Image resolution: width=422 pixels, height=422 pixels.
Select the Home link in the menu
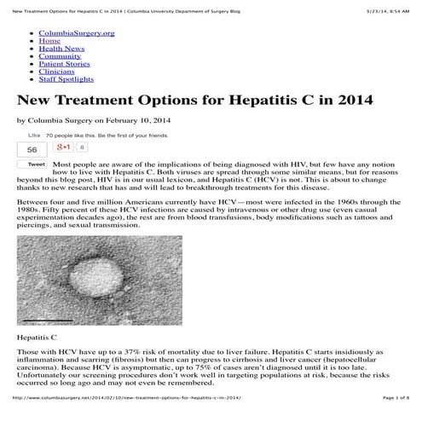(x=49, y=40)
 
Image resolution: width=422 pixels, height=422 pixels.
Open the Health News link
(x=61, y=49)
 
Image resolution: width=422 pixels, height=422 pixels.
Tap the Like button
(x=34, y=135)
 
